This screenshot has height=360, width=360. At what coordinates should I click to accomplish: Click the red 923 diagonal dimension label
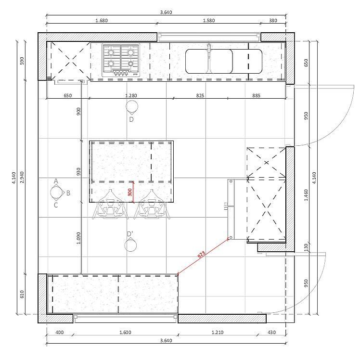tap(201, 255)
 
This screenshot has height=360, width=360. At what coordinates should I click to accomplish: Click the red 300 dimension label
tap(130, 192)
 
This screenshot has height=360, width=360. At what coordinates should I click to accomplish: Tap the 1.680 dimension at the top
tap(102, 20)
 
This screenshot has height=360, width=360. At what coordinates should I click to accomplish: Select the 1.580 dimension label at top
tap(209, 20)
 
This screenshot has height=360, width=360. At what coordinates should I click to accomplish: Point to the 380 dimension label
tap(273, 20)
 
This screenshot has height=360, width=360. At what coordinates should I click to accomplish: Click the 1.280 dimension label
tap(131, 95)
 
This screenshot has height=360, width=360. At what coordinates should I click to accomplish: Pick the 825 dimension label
tap(200, 95)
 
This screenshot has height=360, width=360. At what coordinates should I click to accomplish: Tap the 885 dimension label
tap(256, 95)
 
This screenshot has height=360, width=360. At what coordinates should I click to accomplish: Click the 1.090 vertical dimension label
tap(78, 238)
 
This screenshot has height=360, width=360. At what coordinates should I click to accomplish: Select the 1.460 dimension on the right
tap(306, 195)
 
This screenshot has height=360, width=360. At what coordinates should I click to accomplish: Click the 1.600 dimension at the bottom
tap(125, 332)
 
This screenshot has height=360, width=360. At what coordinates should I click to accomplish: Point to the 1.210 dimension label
tap(218, 332)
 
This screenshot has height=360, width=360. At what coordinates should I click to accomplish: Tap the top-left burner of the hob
tap(111, 52)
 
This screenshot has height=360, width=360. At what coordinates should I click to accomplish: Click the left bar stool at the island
tap(110, 205)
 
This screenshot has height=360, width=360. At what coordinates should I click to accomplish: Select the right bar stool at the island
tap(152, 205)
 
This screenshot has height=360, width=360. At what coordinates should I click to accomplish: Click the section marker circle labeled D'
tap(130, 245)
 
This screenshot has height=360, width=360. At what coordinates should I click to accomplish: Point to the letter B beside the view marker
tap(68, 193)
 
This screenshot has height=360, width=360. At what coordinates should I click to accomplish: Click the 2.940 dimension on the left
tap(22, 177)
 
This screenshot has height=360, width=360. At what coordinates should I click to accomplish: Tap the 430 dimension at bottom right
tap(271, 332)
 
